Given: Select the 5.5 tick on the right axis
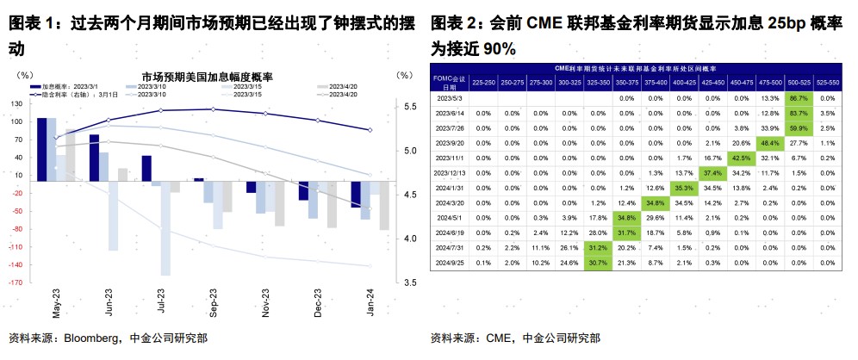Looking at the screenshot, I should click(x=411, y=106).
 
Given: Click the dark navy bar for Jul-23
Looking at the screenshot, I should click(x=146, y=168).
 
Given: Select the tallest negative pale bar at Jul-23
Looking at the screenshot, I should click(x=165, y=228).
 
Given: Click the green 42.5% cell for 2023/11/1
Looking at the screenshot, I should click(x=740, y=158).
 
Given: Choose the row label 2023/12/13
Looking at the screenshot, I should click(x=451, y=172).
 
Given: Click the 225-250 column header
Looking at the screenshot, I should click(x=483, y=82).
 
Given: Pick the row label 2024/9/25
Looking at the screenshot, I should click(x=451, y=262).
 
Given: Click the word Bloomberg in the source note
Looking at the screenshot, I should click(x=95, y=338).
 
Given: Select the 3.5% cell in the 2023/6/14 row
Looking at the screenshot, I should click(x=827, y=113).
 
